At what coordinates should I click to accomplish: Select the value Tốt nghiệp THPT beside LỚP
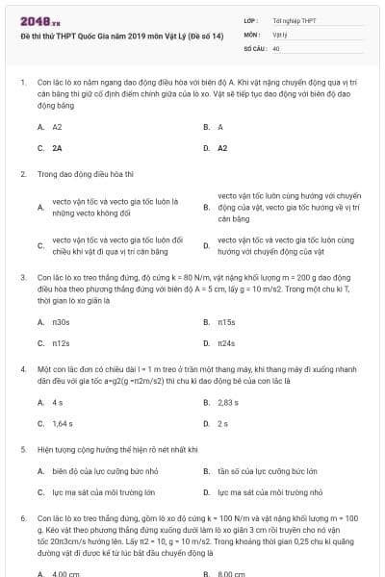click(295, 19)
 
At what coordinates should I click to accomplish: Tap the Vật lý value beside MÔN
click(280, 33)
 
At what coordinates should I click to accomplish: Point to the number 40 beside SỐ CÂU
click(276, 47)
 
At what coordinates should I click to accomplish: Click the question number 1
click(22, 83)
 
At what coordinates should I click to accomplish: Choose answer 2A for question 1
click(57, 148)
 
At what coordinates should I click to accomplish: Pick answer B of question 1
click(219, 127)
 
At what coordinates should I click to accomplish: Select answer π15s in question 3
click(226, 321)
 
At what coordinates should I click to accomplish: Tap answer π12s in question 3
click(61, 342)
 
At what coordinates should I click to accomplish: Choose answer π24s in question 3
click(226, 342)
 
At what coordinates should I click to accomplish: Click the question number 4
click(22, 369)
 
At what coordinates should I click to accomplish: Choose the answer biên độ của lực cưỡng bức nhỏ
click(105, 471)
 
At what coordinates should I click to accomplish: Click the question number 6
click(22, 518)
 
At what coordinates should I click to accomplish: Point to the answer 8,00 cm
click(230, 573)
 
